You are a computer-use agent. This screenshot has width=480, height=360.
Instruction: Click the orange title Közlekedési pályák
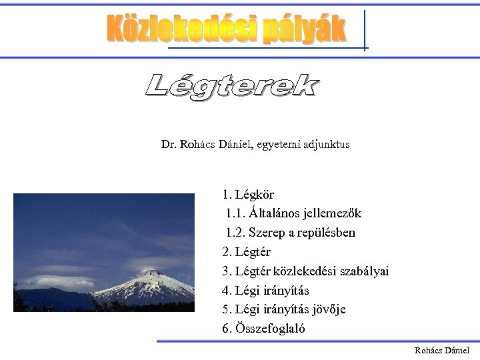click(x=227, y=30)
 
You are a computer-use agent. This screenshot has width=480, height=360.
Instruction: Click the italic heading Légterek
click(x=232, y=87)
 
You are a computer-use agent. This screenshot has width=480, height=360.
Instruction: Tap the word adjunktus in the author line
click(x=326, y=144)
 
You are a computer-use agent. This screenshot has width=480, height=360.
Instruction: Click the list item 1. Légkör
click(x=248, y=195)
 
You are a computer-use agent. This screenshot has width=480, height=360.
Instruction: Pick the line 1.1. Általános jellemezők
click(x=293, y=214)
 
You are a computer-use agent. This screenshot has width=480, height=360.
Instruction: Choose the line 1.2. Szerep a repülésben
click(x=291, y=233)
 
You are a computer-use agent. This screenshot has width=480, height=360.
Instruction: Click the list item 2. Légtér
click(x=246, y=252)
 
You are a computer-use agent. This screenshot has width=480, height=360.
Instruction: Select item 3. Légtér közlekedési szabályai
click(x=305, y=271)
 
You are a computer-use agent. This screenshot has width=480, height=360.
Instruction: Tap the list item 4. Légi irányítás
click(x=265, y=291)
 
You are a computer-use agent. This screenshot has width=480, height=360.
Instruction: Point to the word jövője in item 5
click(x=329, y=309)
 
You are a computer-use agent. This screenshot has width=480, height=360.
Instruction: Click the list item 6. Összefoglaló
click(x=263, y=329)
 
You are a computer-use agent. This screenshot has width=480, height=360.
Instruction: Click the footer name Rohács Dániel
click(x=441, y=350)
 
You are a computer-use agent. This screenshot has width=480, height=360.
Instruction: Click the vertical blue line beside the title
click(x=365, y=30)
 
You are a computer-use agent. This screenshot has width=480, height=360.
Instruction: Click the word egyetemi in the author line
click(x=277, y=144)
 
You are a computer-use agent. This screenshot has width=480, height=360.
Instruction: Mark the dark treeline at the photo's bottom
click(x=100, y=307)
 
